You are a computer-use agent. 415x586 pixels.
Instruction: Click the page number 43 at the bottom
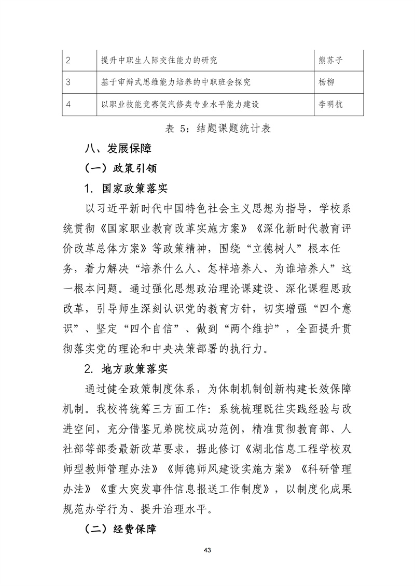208,549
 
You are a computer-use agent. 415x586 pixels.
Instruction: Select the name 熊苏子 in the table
330,61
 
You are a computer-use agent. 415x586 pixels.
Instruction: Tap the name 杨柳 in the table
324,82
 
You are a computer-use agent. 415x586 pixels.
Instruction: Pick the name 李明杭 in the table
330,104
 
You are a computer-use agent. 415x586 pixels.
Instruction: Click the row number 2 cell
68,61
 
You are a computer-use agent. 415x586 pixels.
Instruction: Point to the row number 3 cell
68,82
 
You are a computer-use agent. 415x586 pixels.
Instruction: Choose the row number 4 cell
68,104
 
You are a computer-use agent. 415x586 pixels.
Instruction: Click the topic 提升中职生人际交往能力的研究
159,61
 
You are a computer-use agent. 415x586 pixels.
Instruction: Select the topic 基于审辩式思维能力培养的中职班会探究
176,82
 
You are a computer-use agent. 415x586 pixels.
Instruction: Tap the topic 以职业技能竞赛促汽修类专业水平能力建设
180,104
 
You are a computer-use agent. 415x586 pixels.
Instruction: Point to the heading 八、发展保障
118,149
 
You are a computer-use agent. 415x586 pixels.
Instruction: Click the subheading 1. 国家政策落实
126,188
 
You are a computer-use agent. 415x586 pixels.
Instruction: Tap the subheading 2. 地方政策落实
126,370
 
